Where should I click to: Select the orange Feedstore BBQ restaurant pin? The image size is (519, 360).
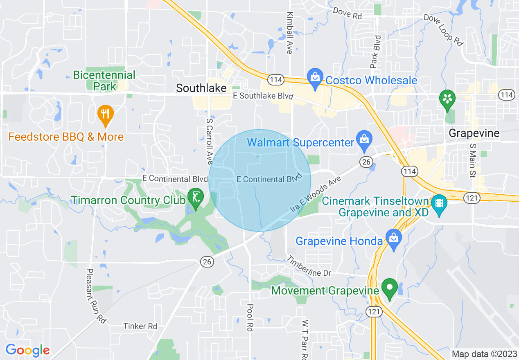[106, 115]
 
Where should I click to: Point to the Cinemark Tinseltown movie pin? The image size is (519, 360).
[439, 206]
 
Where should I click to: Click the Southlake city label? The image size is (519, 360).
[201, 88]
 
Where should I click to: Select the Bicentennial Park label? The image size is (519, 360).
[104, 80]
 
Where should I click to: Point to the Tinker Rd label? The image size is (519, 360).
[140, 326]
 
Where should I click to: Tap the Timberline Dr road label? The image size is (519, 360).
[308, 266]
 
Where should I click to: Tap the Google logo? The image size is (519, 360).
[27, 350]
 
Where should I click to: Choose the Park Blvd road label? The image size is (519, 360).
[375, 52]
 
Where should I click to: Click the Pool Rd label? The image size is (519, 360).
[250, 317]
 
